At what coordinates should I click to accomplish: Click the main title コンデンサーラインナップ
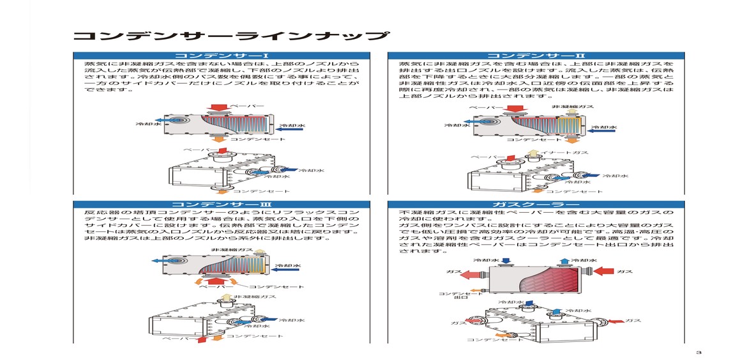point(229,36)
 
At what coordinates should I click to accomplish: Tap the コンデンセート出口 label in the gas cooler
point(451,295)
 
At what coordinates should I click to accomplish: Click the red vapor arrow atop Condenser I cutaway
point(219,107)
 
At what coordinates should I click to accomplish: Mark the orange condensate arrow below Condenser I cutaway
point(218,137)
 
